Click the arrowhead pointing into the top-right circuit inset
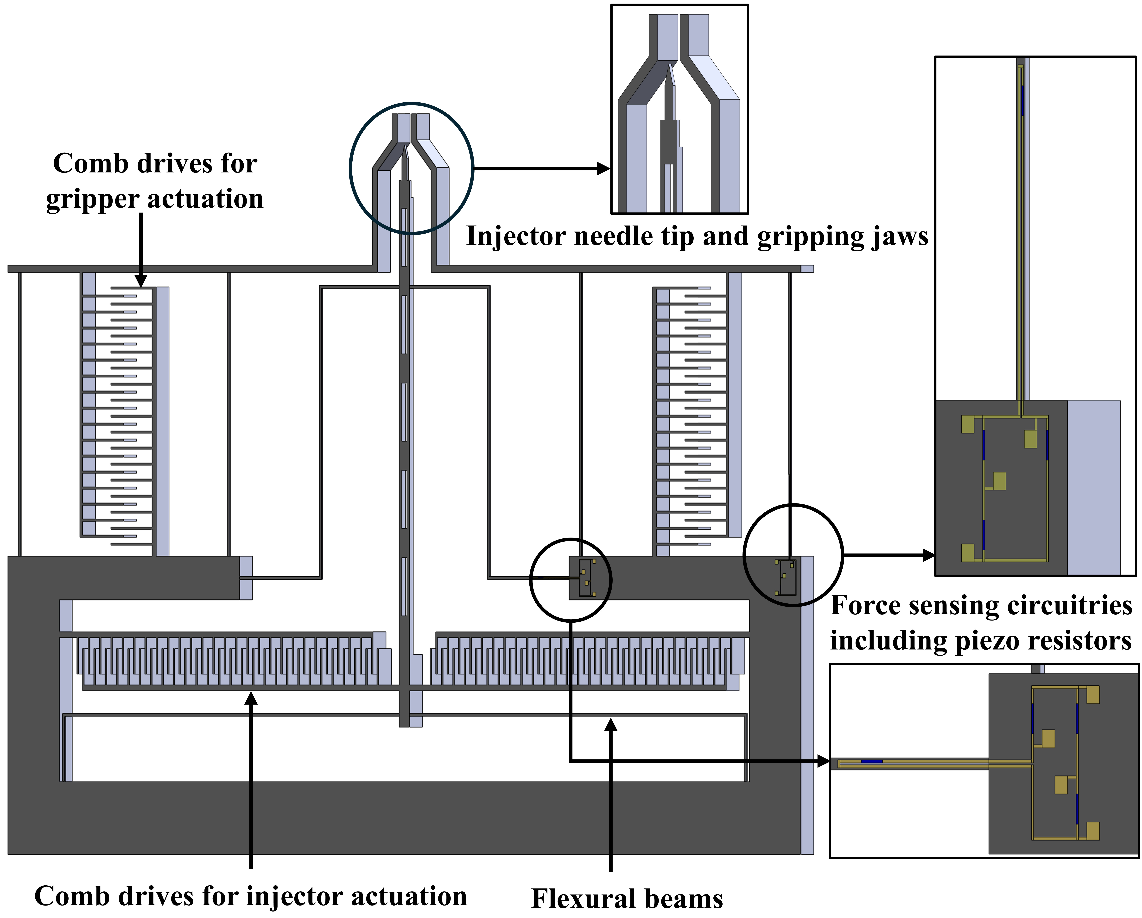pos(929,555)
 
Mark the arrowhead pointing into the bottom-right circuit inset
pos(824,761)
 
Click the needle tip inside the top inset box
pos(671,67)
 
